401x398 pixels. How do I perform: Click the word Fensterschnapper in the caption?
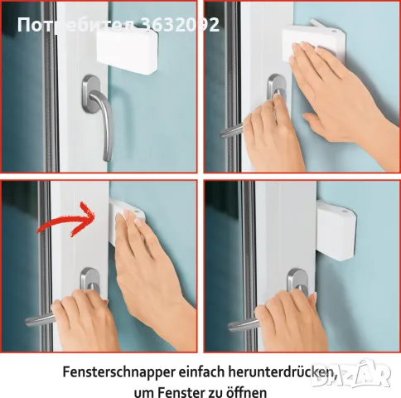click(118, 372)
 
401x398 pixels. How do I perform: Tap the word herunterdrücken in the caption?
click(283, 372)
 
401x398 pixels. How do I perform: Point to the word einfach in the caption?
click(201, 371)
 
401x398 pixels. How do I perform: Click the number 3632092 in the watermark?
click(180, 25)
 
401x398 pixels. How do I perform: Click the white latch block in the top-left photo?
click(128, 51)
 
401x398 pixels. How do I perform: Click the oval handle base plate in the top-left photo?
click(91, 94)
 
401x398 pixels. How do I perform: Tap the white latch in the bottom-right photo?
click(336, 230)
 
